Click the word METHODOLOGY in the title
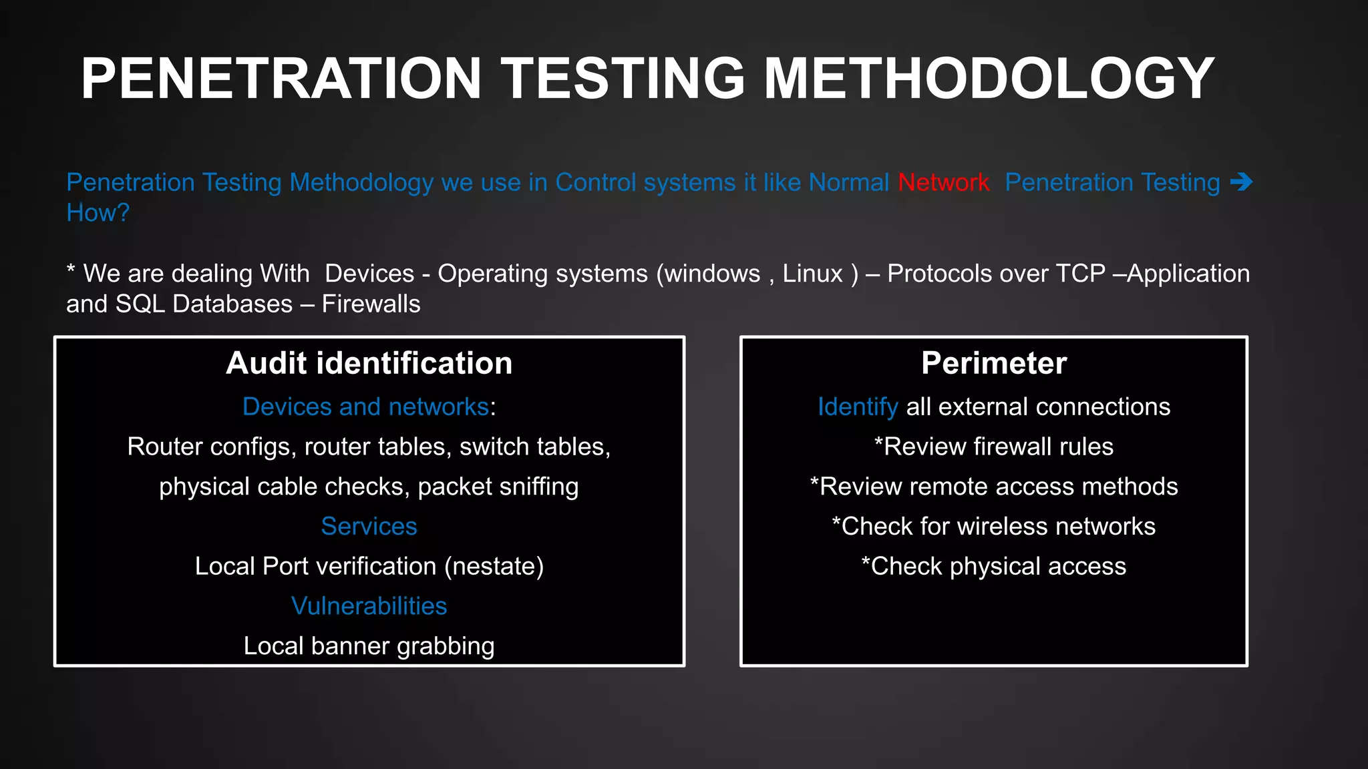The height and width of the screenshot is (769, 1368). click(989, 78)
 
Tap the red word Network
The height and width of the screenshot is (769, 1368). click(943, 182)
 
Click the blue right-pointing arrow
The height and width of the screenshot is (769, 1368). click(1241, 182)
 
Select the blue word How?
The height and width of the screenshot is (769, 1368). click(98, 213)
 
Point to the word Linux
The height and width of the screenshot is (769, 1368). click(812, 274)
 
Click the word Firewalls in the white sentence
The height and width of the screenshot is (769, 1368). click(371, 304)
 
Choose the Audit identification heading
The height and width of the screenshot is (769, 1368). click(369, 363)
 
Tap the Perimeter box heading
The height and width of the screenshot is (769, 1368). click(994, 363)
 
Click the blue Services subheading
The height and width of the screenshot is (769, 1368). click(369, 526)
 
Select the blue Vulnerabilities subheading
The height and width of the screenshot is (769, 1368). click(369, 606)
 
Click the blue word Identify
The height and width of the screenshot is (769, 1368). click(858, 407)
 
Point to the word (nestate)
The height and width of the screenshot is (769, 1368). click(494, 566)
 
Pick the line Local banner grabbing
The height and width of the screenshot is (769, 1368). click(369, 646)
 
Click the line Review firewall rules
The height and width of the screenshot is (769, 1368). click(994, 447)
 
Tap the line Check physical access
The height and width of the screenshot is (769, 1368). click(994, 566)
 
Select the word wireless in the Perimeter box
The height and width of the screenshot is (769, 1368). click(1003, 527)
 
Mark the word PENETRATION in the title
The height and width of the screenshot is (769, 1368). click(281, 78)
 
